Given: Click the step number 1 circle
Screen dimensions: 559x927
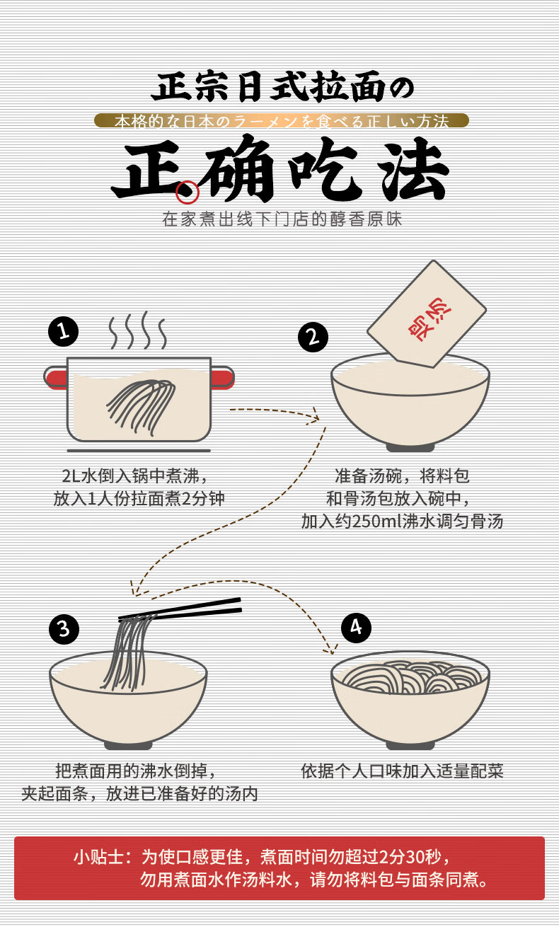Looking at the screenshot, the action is [63, 331].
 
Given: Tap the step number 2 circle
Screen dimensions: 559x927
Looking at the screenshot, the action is [313, 337].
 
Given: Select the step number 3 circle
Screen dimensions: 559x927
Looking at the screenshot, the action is [64, 629].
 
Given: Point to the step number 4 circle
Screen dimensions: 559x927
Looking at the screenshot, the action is [356, 628].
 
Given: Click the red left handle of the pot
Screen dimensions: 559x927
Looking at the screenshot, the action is [56, 378].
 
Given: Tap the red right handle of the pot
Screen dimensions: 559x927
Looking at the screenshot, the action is [223, 378].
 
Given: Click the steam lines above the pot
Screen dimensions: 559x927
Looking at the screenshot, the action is [138, 330].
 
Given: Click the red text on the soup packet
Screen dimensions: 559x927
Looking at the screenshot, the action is [429, 318].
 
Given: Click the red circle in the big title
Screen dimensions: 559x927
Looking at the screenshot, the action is [188, 192].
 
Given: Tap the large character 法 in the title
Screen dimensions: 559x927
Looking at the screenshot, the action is [414, 170].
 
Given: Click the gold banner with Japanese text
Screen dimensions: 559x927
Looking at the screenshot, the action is [282, 120].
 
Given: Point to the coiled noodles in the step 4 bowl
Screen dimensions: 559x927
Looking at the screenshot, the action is [412, 677].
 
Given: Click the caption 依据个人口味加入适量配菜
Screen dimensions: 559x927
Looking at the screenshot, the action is [402, 771].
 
